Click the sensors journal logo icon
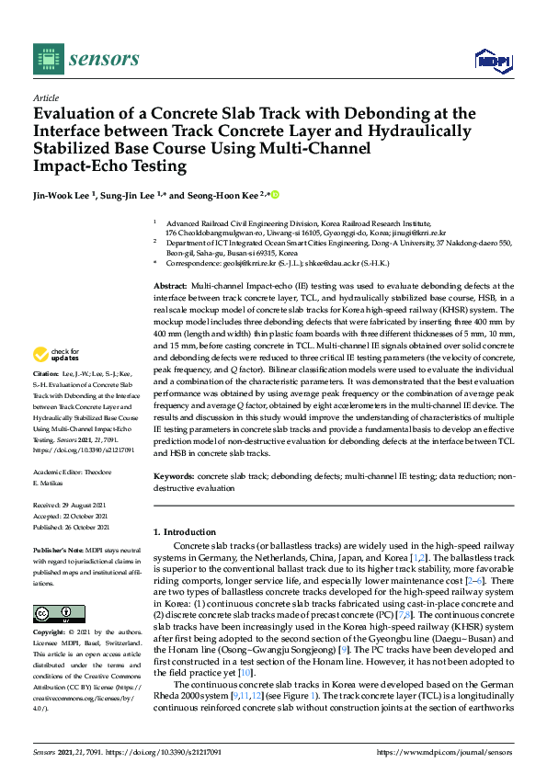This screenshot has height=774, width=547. [x=46, y=59]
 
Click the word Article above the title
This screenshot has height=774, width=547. [x=45, y=97]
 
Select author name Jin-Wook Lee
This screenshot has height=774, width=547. [x=63, y=196]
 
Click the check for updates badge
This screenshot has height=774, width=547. [x=56, y=353]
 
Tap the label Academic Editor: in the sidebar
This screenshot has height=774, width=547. [x=60, y=470]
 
